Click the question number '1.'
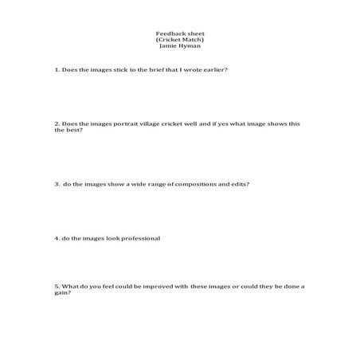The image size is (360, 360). pos(57,69)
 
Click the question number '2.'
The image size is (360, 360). pos(57,123)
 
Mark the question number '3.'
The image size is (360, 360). pos(57,184)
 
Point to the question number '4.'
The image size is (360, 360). pos(57,238)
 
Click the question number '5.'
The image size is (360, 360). pos(57,286)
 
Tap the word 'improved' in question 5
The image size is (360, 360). pos(170,286)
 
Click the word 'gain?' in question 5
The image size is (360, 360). pos(63,292)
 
